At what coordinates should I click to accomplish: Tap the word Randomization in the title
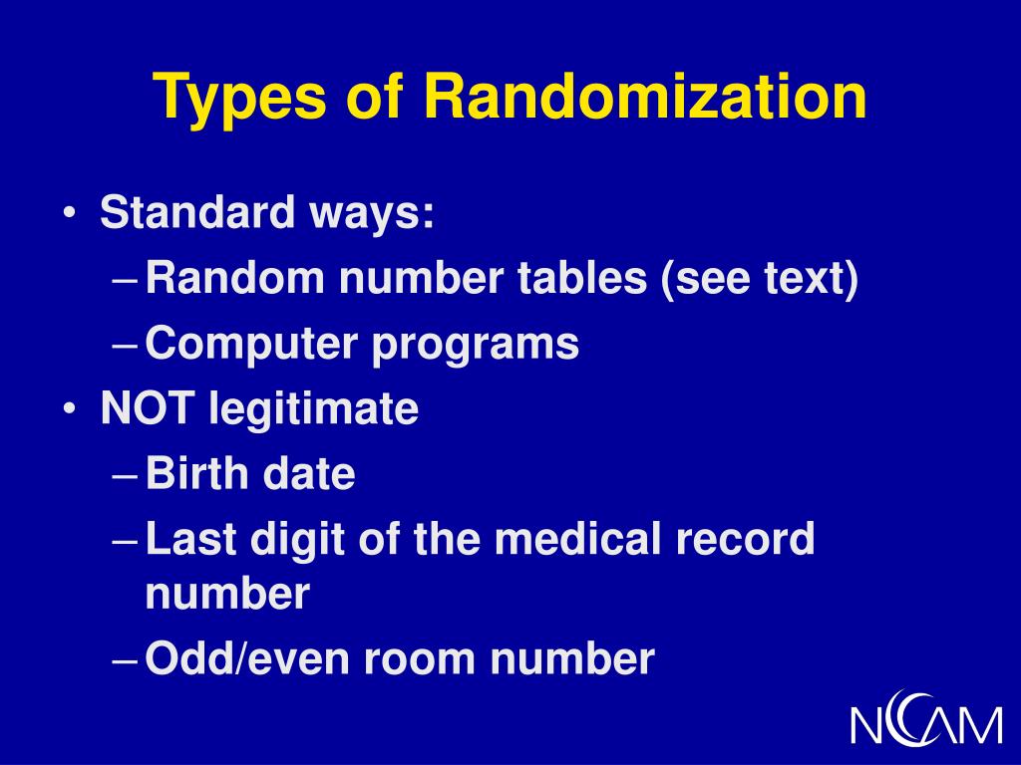point(645,98)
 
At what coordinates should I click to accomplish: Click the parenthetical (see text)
point(757,280)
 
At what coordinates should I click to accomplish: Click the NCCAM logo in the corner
point(926,716)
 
